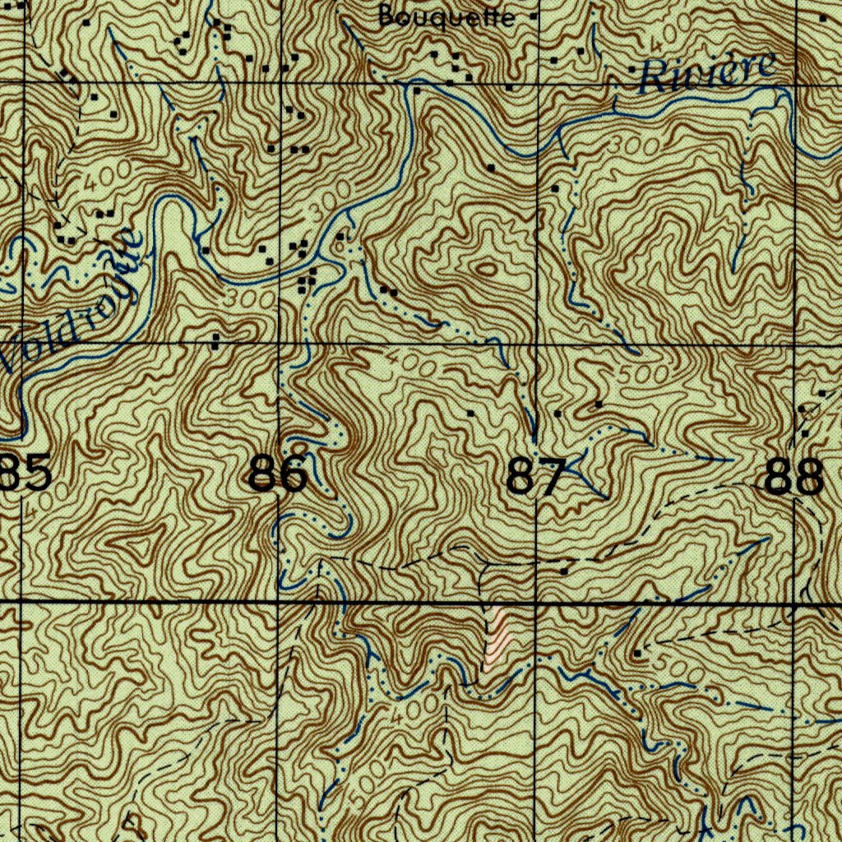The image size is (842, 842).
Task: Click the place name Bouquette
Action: click(447, 16)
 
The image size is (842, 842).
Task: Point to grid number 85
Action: click(26, 475)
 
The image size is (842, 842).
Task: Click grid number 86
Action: click(278, 475)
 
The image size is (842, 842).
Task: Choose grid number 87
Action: click(536, 477)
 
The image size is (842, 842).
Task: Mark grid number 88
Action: click(793, 477)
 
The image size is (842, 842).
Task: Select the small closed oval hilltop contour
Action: click(486, 268)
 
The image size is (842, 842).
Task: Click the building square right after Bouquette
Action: click(534, 16)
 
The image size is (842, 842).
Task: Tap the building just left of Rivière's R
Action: click(631, 70)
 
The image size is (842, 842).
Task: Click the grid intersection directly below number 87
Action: click(536, 603)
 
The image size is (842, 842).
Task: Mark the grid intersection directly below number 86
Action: click(280, 603)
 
